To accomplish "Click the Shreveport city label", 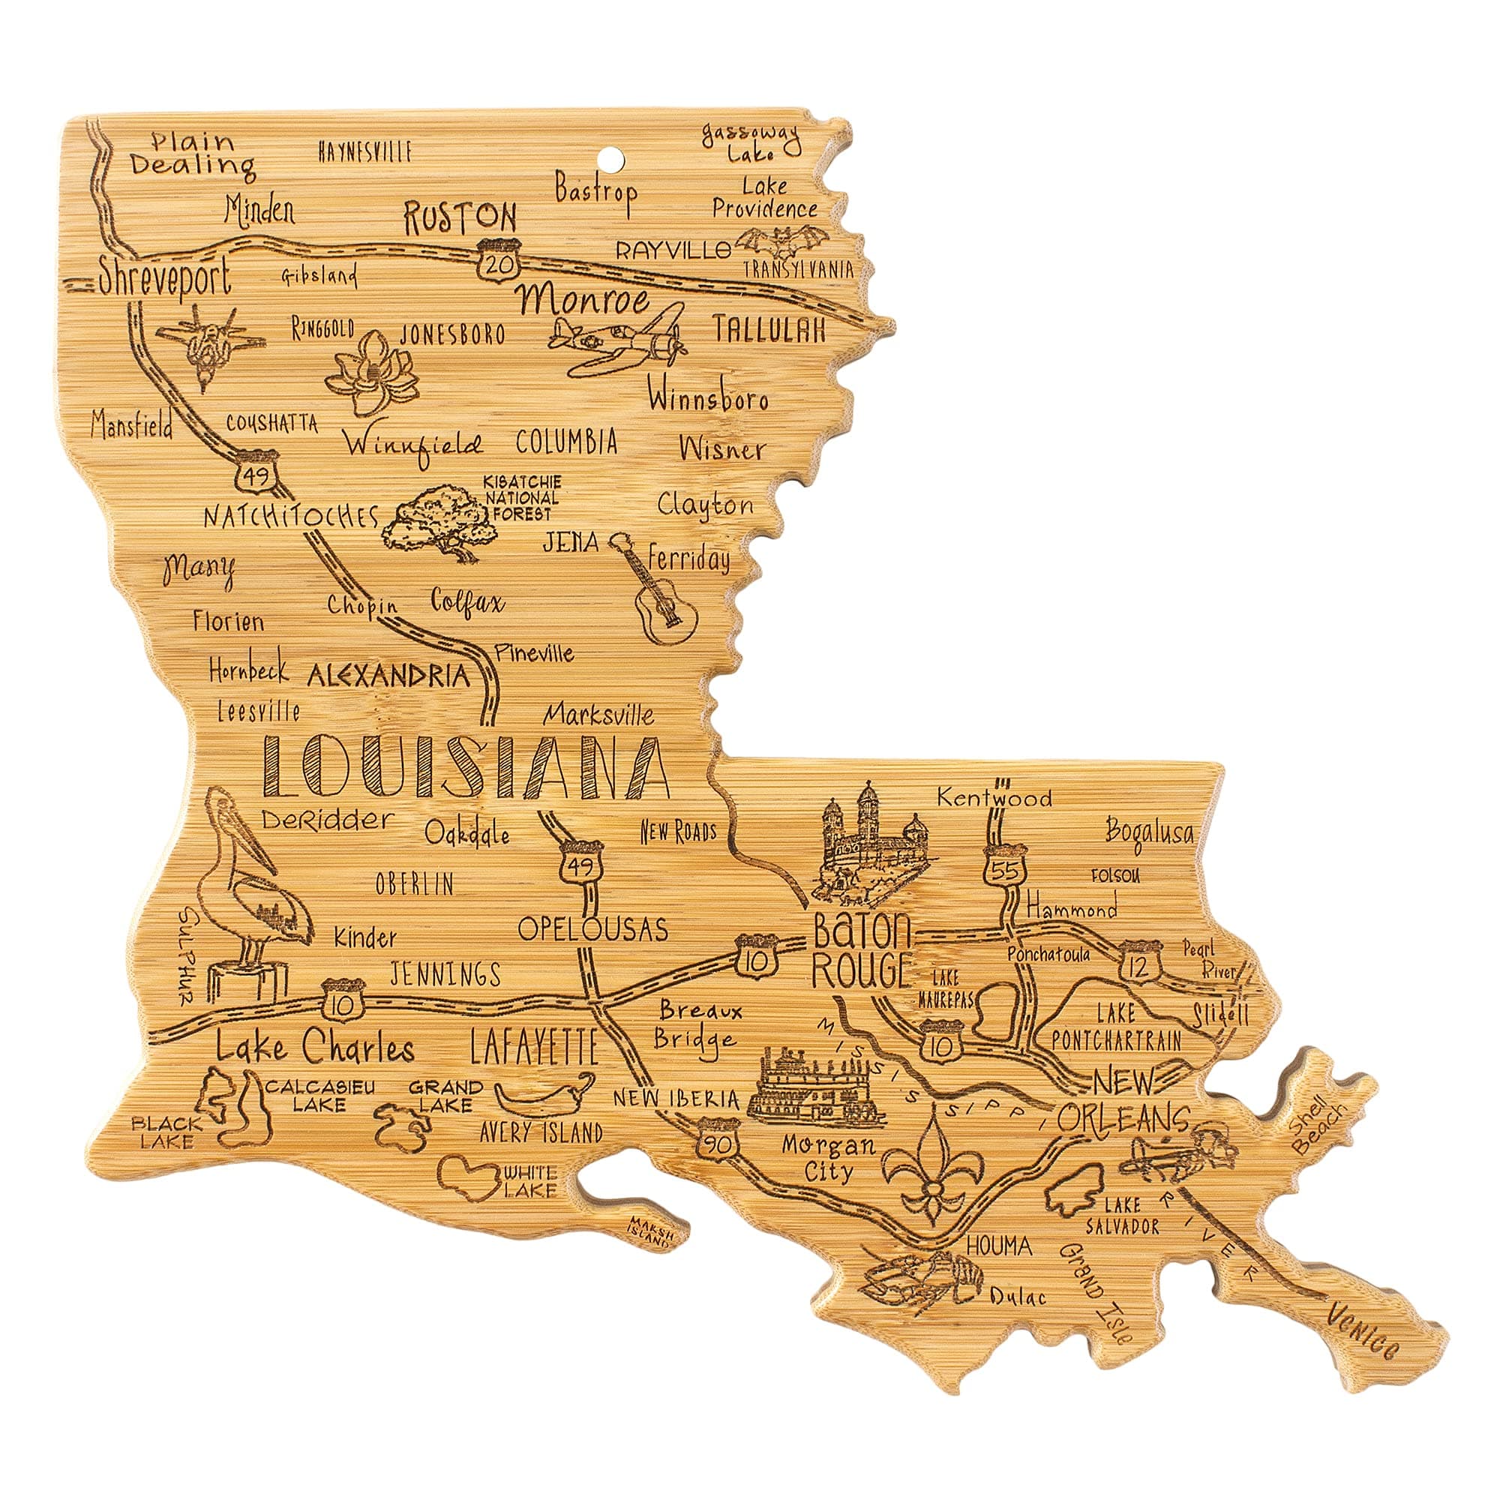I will [x=165, y=278].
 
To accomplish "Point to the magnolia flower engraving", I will [x=372, y=373].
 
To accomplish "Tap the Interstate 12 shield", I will [x=1140, y=963].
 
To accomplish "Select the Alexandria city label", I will [x=388, y=677].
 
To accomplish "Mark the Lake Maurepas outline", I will [x=994, y=1007].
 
